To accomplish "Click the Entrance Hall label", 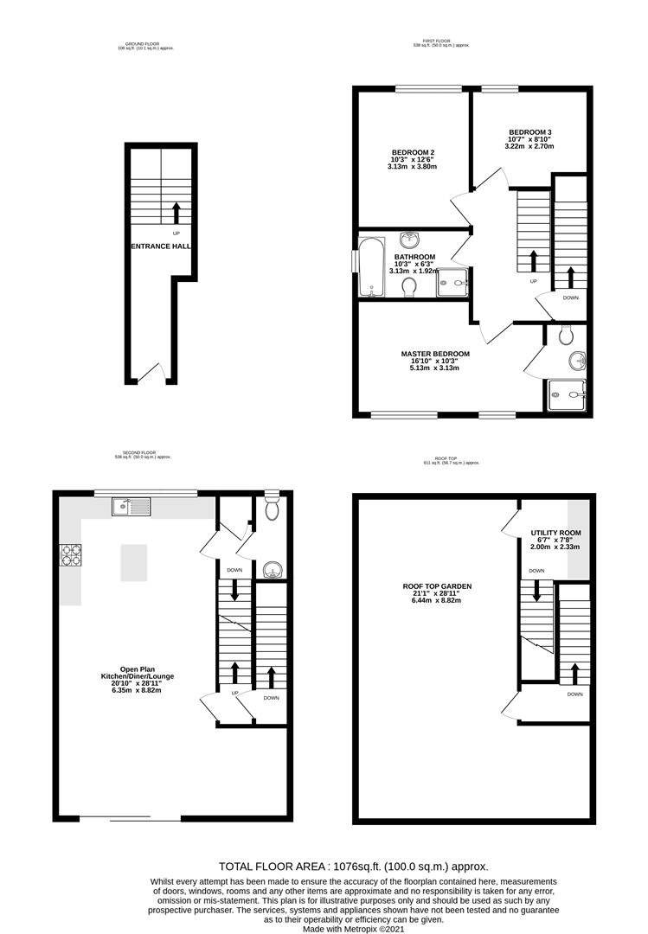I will (160, 246).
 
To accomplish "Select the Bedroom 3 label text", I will (530, 131).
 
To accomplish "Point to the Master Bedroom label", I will (434, 354).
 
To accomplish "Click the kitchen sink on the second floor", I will (131, 507).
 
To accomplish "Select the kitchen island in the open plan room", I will (134, 562).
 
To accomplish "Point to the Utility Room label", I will (555, 533).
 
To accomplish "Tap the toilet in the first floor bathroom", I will (410, 285).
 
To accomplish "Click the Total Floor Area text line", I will (353, 866).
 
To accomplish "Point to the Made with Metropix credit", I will (352, 930).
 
